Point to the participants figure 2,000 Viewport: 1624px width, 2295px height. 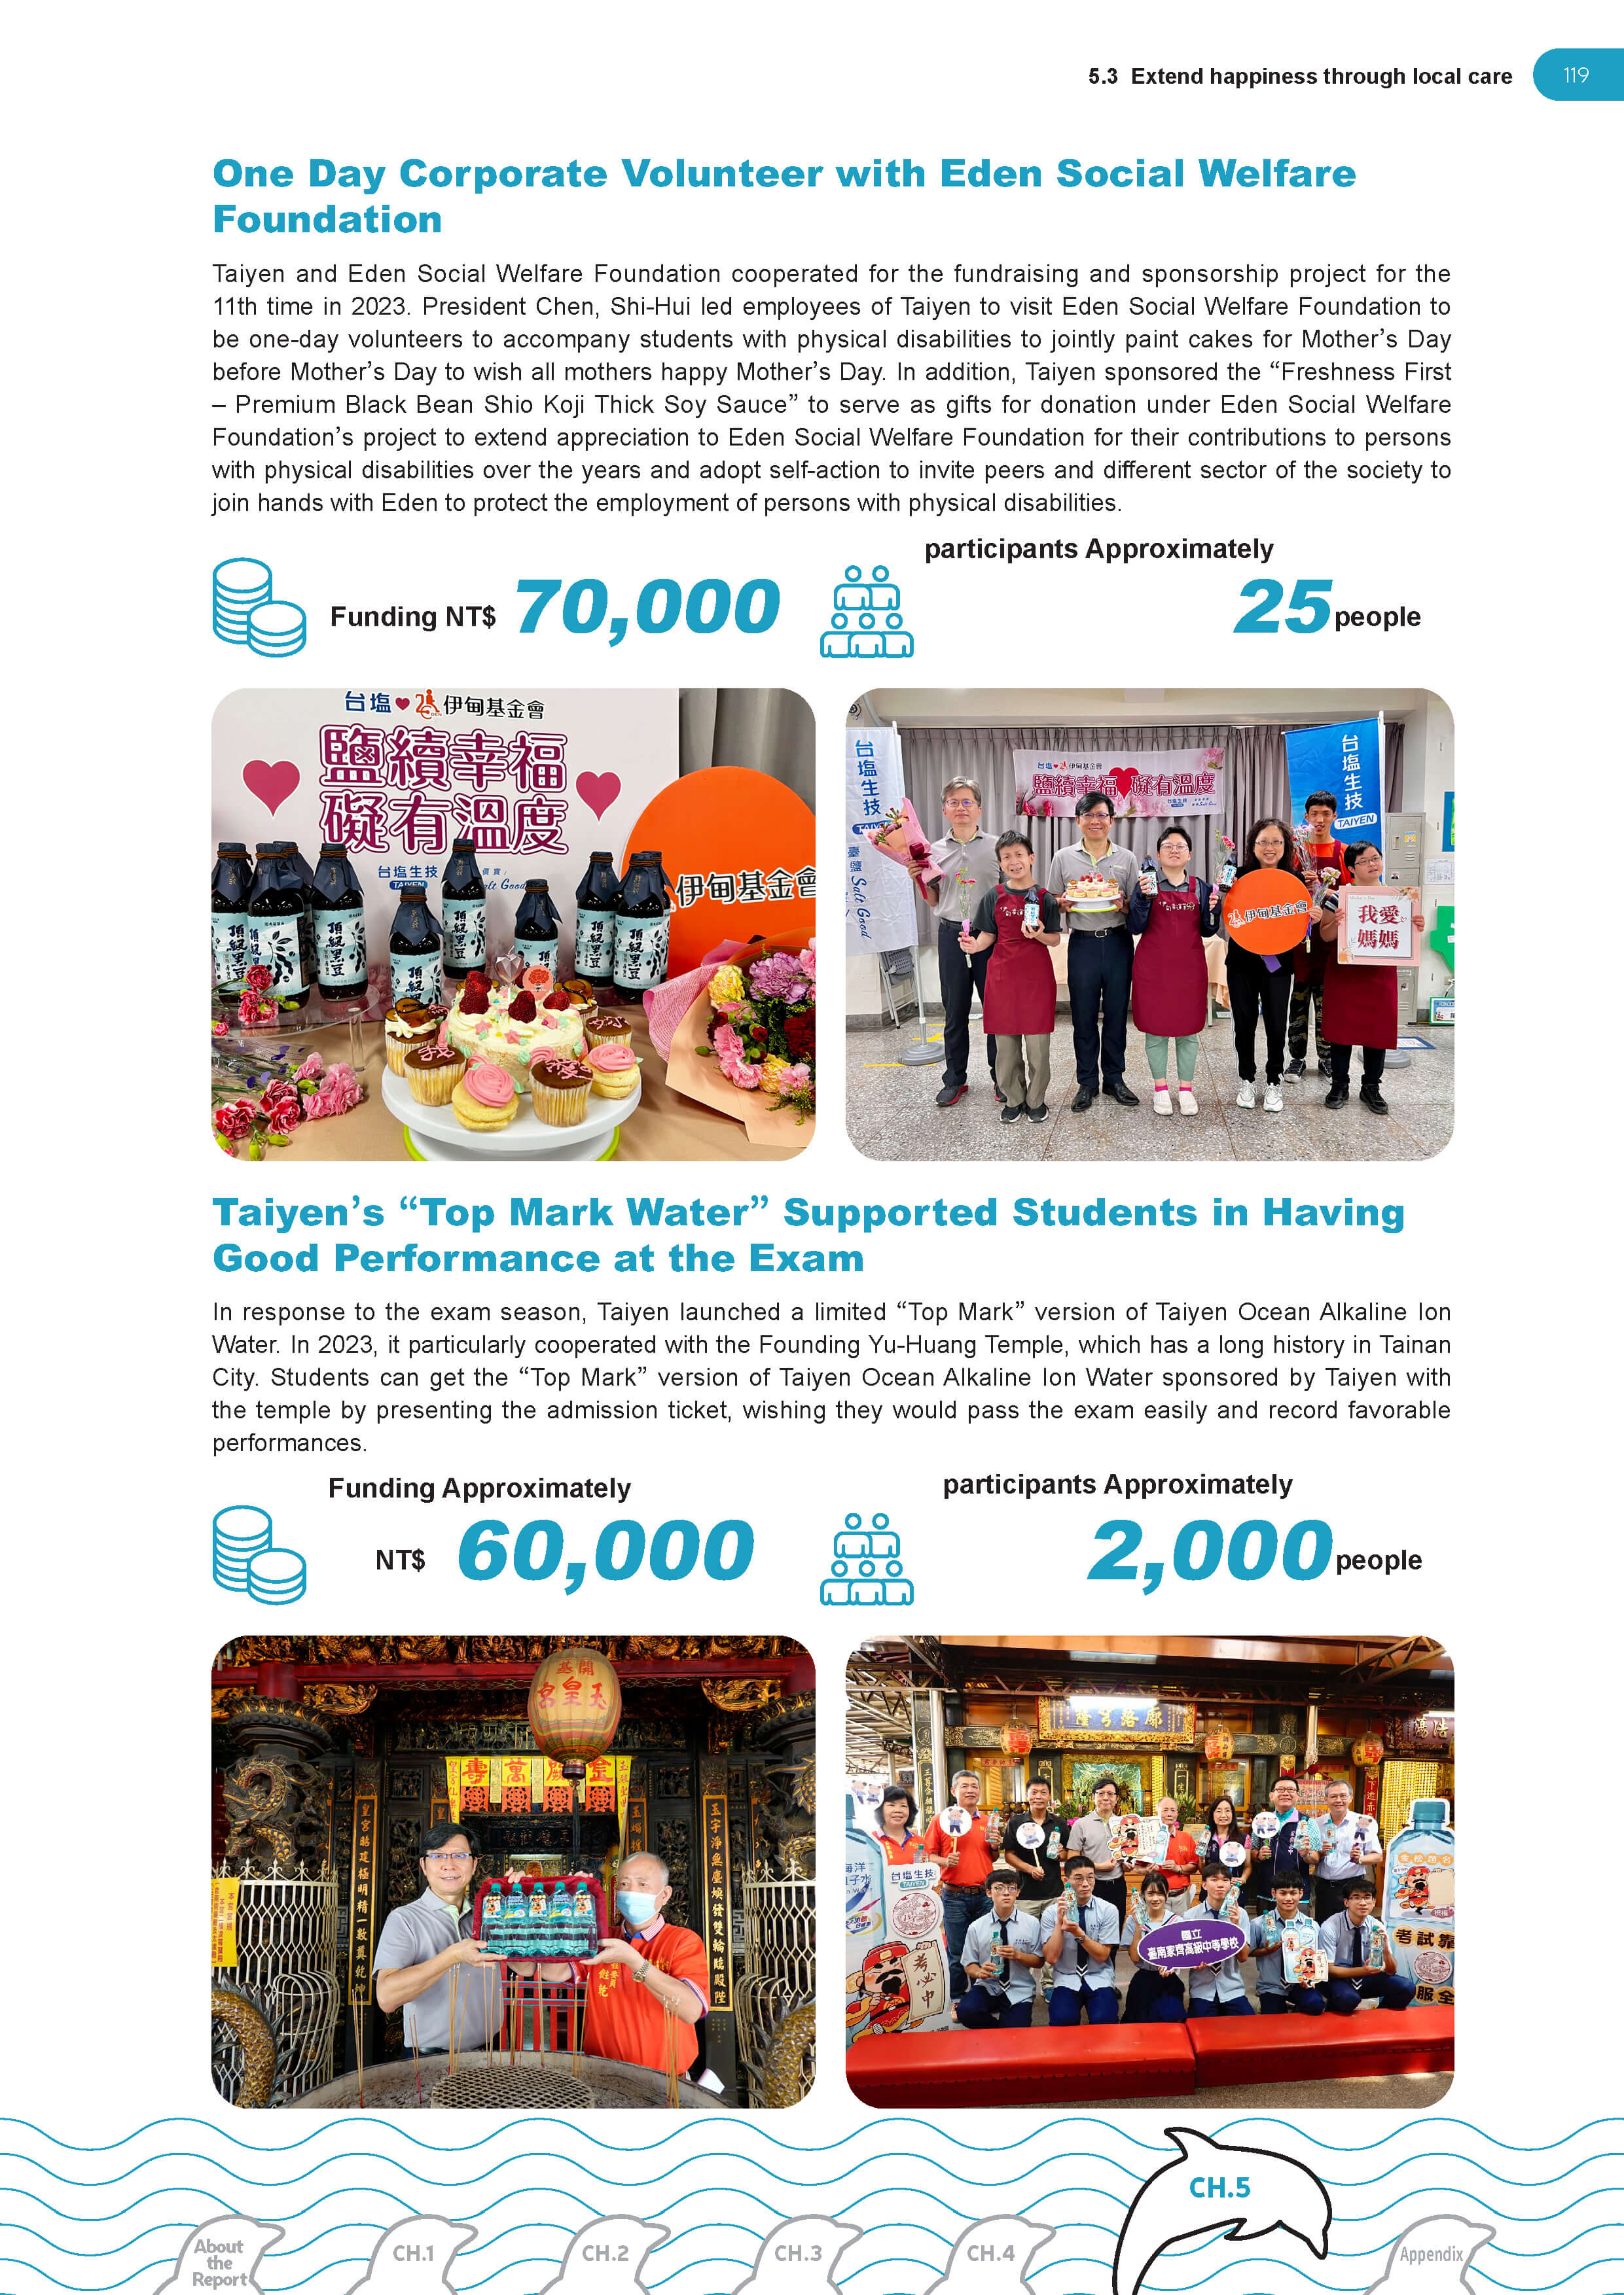(1210, 1550)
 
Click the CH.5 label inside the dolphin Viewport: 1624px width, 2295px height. (1219, 2188)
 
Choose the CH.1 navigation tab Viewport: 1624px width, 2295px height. (413, 2253)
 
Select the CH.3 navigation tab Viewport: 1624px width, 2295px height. (797, 2253)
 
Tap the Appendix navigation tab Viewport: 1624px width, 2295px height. (1430, 2254)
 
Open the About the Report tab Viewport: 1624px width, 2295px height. (219, 2262)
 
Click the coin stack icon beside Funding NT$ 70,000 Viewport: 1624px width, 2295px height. (258, 606)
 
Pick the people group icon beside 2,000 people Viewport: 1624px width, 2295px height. (866, 1558)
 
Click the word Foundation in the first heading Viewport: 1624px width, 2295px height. (327, 220)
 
